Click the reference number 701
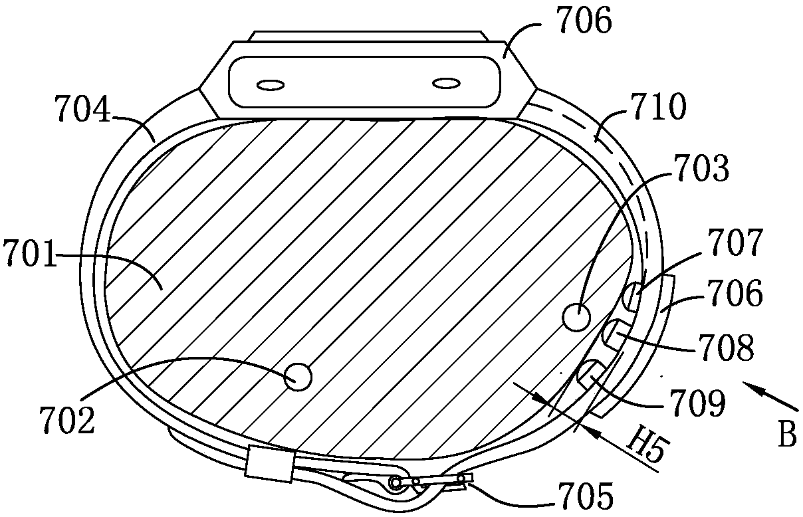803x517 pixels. [29, 254]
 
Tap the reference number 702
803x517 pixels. [67, 419]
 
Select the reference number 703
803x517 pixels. [701, 168]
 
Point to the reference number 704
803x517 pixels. [82, 108]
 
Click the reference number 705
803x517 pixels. [585, 496]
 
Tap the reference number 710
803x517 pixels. [659, 107]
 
